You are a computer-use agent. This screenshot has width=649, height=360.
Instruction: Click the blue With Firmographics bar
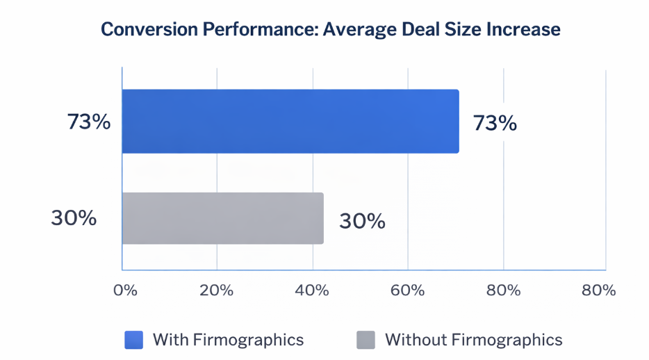point(290,121)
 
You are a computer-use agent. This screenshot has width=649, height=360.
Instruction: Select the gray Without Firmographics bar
point(222,218)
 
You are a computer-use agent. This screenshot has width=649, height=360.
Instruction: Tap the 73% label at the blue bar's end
point(495,124)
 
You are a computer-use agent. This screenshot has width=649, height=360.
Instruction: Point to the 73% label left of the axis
point(89,122)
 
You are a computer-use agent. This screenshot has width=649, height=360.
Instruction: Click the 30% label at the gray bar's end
point(362,221)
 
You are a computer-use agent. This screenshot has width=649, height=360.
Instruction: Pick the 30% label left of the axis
point(74,218)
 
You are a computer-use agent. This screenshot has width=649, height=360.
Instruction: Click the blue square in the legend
point(133,340)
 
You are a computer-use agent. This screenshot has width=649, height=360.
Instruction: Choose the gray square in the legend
point(365,340)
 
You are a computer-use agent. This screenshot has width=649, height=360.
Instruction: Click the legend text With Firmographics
point(228,340)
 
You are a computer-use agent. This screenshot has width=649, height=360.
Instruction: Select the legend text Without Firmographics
point(473,340)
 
